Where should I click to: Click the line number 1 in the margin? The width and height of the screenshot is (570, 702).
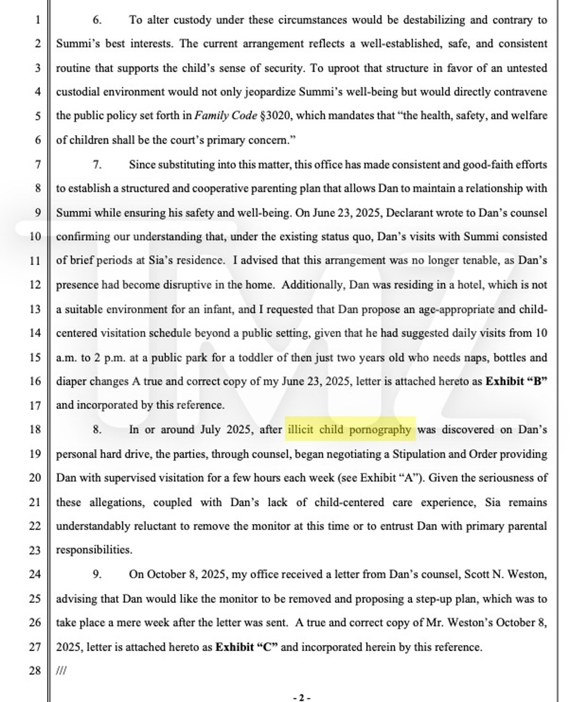point(37,20)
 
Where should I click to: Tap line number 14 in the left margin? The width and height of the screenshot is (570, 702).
point(35,333)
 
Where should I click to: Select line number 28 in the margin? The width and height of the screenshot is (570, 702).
point(35,671)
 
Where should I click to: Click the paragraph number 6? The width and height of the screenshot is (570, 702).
point(97,20)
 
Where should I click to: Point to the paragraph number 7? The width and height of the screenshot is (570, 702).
point(97,164)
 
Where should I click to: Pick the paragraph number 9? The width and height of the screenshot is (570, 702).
point(97,574)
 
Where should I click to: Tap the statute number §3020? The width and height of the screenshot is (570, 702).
point(276,116)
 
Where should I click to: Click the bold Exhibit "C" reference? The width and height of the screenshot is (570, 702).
point(247,647)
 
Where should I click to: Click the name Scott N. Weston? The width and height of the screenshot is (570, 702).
point(505,574)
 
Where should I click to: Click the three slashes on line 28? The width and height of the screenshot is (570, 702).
point(61,671)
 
